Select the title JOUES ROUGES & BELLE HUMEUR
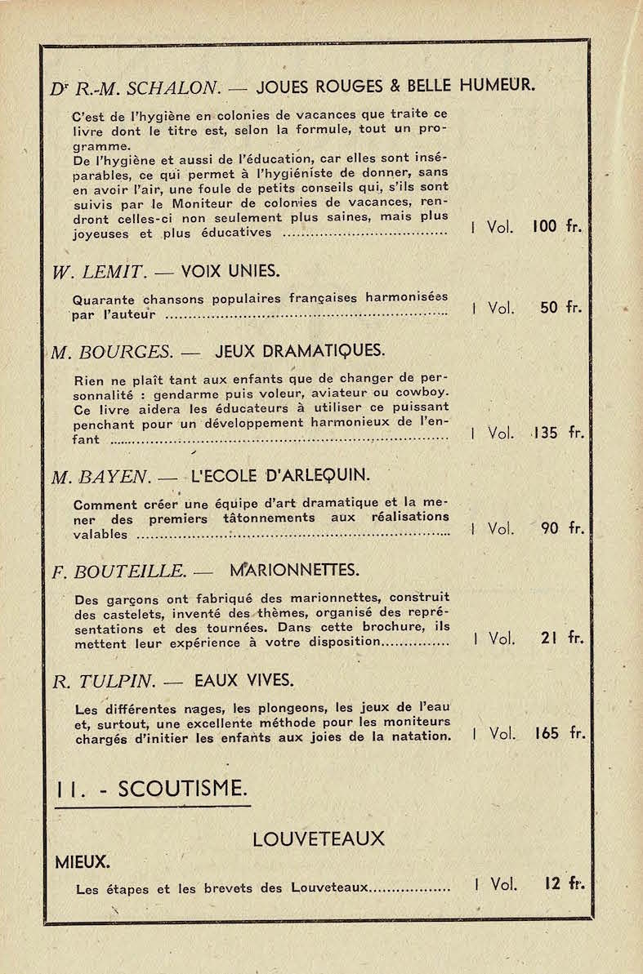click(x=395, y=84)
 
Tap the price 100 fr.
click(x=556, y=226)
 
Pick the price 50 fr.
click(x=560, y=308)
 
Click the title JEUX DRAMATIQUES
click(x=299, y=351)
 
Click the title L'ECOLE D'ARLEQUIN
click(x=279, y=475)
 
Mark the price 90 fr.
click(x=562, y=528)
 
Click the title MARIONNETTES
click(x=295, y=569)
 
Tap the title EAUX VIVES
click(x=243, y=680)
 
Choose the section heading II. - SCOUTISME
click(x=151, y=789)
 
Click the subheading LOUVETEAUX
click(x=319, y=839)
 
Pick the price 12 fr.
click(x=563, y=883)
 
